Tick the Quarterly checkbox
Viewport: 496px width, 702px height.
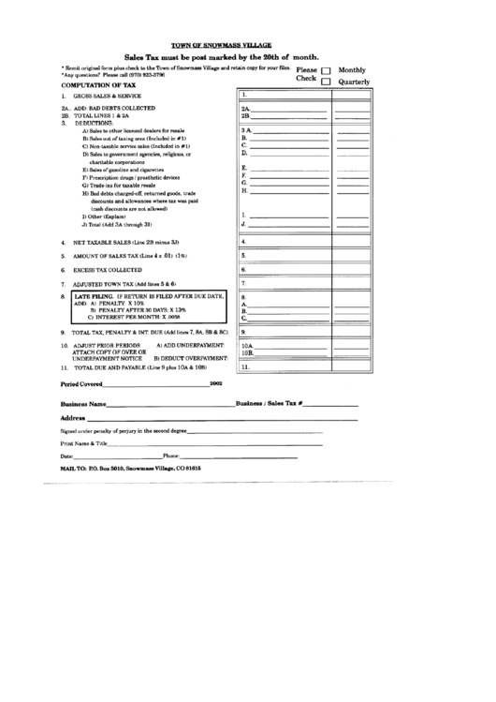pos(326,82)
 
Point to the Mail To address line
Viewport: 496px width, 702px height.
pos(130,467)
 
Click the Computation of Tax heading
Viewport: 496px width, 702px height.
pos(97,84)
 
